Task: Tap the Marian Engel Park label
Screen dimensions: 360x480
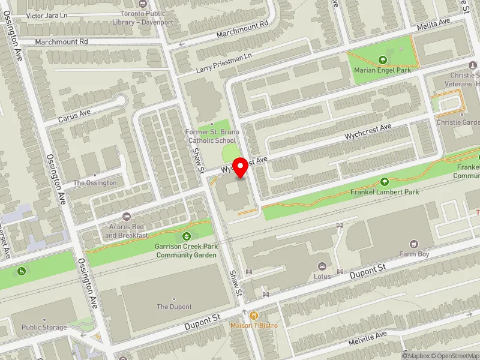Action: click(382, 70)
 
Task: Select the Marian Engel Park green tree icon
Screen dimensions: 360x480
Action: click(383, 59)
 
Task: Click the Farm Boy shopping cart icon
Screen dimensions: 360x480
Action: click(413, 244)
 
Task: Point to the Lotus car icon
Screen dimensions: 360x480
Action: click(322, 266)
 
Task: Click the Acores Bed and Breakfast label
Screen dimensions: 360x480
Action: click(126, 231)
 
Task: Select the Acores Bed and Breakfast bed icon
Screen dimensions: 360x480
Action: click(126, 216)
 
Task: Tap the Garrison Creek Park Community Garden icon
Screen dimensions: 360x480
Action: click(186, 236)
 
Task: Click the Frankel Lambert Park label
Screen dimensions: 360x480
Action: click(384, 192)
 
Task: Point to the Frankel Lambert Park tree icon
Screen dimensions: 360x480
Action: click(384, 181)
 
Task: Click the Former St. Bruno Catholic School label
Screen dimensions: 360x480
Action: click(212, 136)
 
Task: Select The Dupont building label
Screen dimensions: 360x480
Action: click(174, 307)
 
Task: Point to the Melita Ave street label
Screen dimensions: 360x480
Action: click(434, 23)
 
